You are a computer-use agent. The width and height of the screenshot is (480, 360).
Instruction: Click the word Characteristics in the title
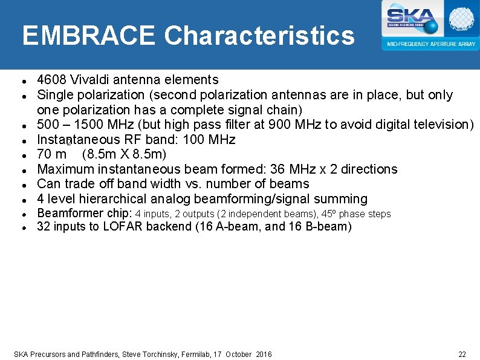pos(259,36)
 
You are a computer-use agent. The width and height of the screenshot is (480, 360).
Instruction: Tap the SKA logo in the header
pos(412,18)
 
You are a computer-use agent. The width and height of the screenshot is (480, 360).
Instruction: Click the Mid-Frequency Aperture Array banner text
pos(430,44)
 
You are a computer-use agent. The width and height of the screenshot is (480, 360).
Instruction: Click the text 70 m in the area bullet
pos(52,154)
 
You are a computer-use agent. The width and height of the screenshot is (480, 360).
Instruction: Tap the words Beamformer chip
pos(85,214)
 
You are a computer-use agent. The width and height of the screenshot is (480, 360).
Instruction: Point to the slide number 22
pos(462,354)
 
